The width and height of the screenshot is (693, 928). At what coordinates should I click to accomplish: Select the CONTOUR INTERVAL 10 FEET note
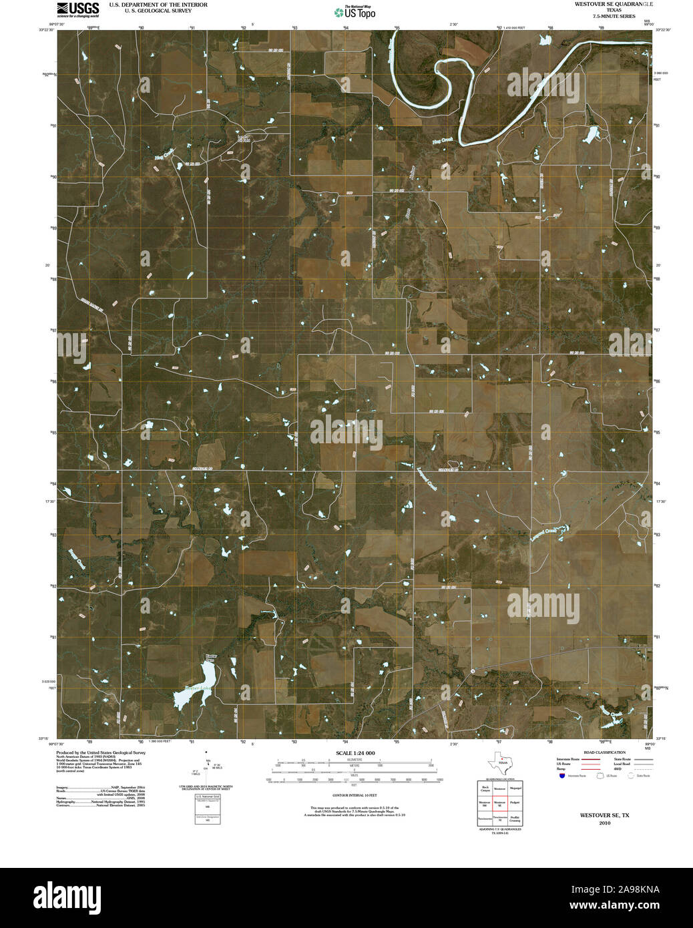pyautogui.click(x=355, y=796)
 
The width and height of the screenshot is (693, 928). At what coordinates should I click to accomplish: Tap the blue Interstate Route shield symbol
pyautogui.click(x=562, y=776)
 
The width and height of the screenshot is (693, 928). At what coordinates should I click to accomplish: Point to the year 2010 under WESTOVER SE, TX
pyautogui.click(x=604, y=823)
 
